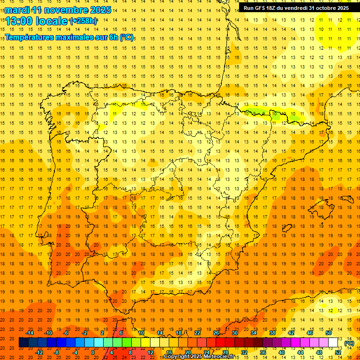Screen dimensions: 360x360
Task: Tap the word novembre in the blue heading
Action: (67, 10)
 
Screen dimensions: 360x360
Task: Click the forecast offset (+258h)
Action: (83, 21)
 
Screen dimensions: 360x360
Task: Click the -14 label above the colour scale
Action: (30, 333)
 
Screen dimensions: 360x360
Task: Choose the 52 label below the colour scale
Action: (338, 352)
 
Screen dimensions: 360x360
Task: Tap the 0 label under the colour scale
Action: (93, 352)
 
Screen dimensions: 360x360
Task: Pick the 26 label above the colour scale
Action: (216, 333)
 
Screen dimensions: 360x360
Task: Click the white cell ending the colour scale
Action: (333, 343)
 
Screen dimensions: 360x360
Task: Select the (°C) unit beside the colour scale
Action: (349, 343)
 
